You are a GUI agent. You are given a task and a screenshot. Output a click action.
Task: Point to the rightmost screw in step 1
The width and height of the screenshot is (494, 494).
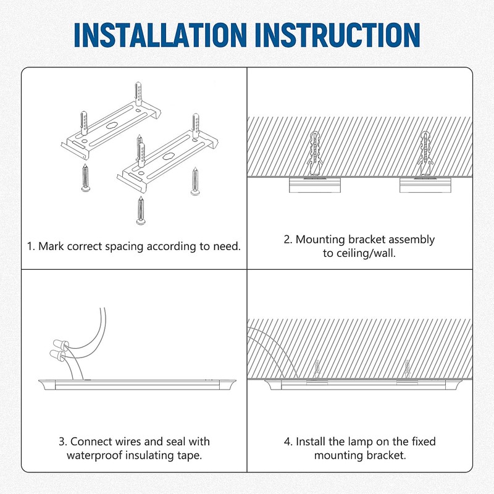[196, 180]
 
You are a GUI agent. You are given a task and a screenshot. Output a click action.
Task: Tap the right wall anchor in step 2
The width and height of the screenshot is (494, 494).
[427, 153]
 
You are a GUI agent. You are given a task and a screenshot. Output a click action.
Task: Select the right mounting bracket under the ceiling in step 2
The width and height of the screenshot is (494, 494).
[425, 185]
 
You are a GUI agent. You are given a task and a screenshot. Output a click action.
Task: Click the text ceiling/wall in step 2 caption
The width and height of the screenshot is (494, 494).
[359, 253]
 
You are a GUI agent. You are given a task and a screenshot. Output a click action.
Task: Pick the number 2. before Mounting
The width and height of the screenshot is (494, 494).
[288, 240]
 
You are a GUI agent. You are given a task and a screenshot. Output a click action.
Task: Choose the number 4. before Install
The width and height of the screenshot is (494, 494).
[288, 442]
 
